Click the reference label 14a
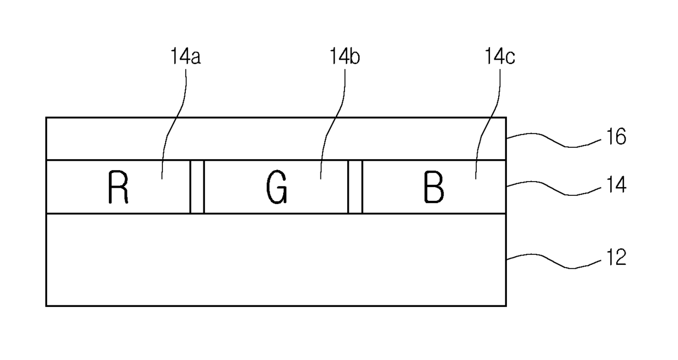(185, 56)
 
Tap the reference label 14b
(344, 56)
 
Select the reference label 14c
(499, 56)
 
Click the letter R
(118, 188)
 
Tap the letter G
(277, 188)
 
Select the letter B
(434, 188)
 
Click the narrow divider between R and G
(197, 187)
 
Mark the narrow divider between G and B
(355, 187)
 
